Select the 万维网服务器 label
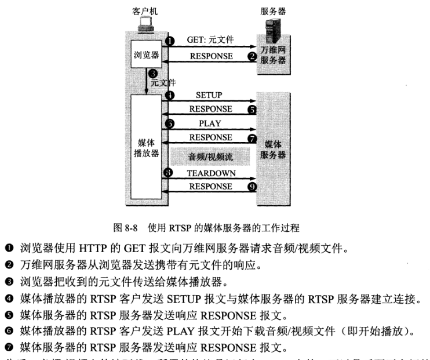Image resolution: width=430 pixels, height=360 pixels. (273, 55)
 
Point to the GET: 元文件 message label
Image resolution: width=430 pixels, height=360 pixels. (209, 41)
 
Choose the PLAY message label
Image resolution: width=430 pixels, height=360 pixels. (210, 123)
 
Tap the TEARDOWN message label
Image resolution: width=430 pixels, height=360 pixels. (210, 173)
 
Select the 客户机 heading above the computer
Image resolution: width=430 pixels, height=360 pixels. (145, 11)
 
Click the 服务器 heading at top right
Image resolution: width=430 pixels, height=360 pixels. (274, 11)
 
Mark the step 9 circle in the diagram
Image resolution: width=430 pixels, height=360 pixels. (252, 187)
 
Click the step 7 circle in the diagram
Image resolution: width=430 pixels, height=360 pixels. (252, 138)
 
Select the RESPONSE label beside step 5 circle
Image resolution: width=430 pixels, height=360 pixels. (210, 108)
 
